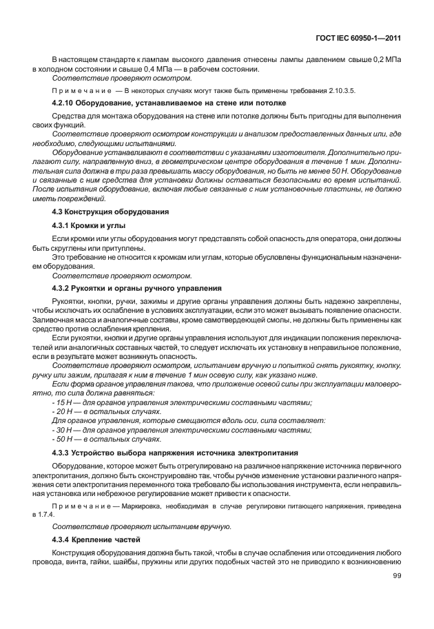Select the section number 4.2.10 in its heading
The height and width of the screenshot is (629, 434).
(65, 102)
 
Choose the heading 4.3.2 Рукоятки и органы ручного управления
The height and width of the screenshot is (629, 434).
(136, 287)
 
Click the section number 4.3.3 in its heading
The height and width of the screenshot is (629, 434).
(64, 453)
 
